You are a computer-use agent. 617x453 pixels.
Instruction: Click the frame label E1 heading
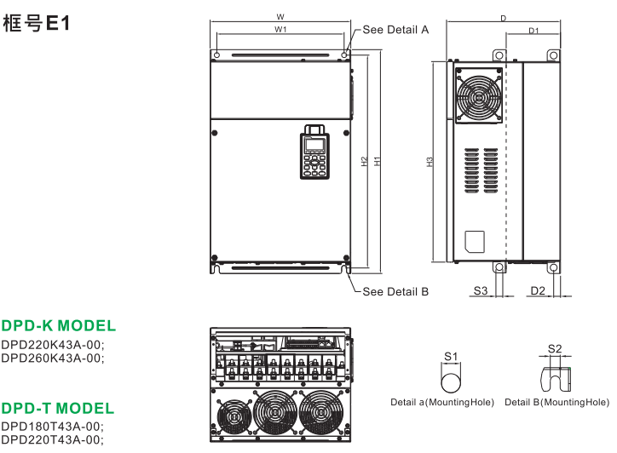point(41,24)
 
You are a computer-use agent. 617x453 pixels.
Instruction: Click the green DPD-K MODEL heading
point(59,326)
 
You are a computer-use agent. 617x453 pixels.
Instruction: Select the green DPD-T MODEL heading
point(58,408)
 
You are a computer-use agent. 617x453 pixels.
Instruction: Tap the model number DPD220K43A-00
point(52,345)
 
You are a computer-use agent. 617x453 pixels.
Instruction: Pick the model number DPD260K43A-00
point(52,358)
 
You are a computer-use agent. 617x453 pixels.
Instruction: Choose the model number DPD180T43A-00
point(52,427)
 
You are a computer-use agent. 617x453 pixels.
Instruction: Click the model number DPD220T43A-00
point(52,439)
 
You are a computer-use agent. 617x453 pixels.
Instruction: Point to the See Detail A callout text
point(395,29)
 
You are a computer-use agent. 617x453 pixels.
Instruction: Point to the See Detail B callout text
point(395,292)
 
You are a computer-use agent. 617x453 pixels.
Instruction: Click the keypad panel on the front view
point(314,153)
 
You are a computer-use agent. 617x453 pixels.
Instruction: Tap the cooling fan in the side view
point(477,95)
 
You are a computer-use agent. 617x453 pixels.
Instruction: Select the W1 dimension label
point(280,30)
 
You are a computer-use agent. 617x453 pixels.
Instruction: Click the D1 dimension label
point(533,31)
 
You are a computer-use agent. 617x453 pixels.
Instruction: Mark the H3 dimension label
point(431,161)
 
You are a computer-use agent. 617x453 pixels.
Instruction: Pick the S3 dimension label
point(480,291)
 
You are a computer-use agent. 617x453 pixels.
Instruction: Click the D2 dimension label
point(537,291)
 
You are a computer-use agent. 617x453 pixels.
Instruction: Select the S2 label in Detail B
point(555,348)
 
